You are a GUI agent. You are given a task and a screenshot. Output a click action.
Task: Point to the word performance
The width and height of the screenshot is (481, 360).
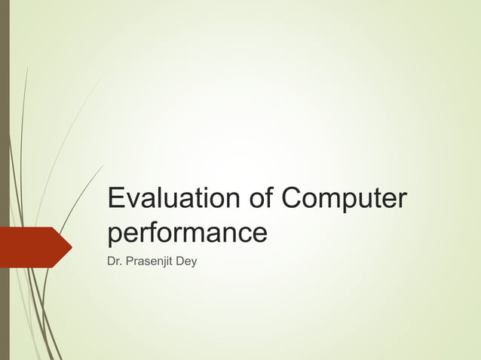[187, 233]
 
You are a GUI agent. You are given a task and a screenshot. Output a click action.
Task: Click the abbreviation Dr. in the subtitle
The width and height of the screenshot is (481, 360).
[115, 261]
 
